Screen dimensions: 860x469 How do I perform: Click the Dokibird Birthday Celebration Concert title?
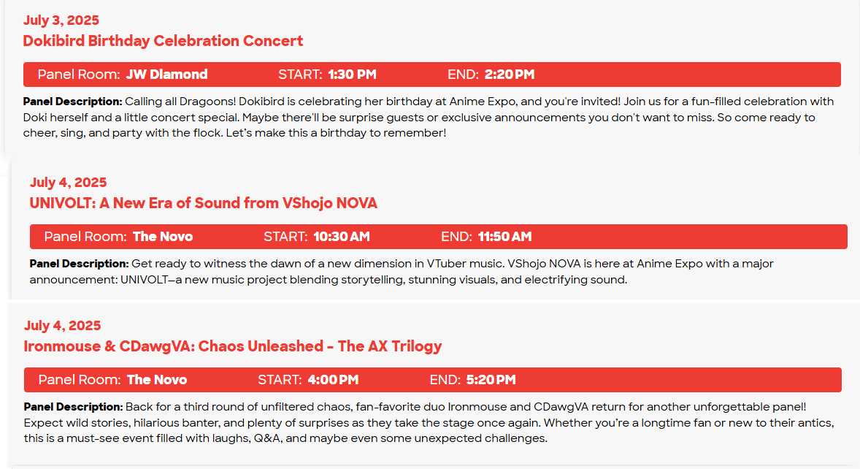tap(163, 41)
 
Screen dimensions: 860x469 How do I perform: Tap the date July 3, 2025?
tap(61, 20)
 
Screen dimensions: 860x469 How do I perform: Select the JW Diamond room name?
tap(166, 75)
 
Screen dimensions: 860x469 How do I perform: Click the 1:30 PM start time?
tap(352, 75)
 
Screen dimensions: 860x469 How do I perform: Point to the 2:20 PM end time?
tap(510, 75)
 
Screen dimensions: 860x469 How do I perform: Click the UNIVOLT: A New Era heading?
tap(204, 203)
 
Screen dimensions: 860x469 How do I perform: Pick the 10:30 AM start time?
tap(342, 237)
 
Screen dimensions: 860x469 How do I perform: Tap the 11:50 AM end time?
tap(504, 237)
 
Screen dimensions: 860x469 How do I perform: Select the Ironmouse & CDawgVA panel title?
tap(233, 346)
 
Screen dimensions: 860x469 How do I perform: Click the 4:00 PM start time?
tap(333, 380)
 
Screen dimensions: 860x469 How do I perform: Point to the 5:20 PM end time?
tap(491, 380)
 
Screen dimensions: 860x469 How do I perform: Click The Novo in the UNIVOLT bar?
tap(163, 237)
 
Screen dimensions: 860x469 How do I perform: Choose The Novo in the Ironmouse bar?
tap(157, 380)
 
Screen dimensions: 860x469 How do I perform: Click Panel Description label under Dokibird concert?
tap(72, 102)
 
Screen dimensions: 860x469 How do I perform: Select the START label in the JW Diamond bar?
tap(300, 75)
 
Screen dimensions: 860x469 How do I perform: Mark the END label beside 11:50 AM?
tap(456, 237)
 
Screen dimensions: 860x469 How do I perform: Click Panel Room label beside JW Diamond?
tap(79, 75)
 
